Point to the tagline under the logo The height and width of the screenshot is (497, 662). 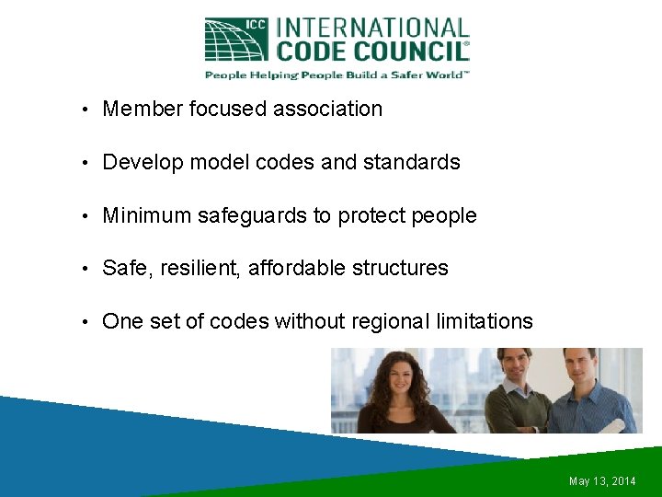click(x=337, y=75)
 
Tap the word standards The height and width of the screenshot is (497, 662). click(x=411, y=163)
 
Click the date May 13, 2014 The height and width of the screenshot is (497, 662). click(x=602, y=481)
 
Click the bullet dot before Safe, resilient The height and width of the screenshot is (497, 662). click(x=84, y=269)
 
